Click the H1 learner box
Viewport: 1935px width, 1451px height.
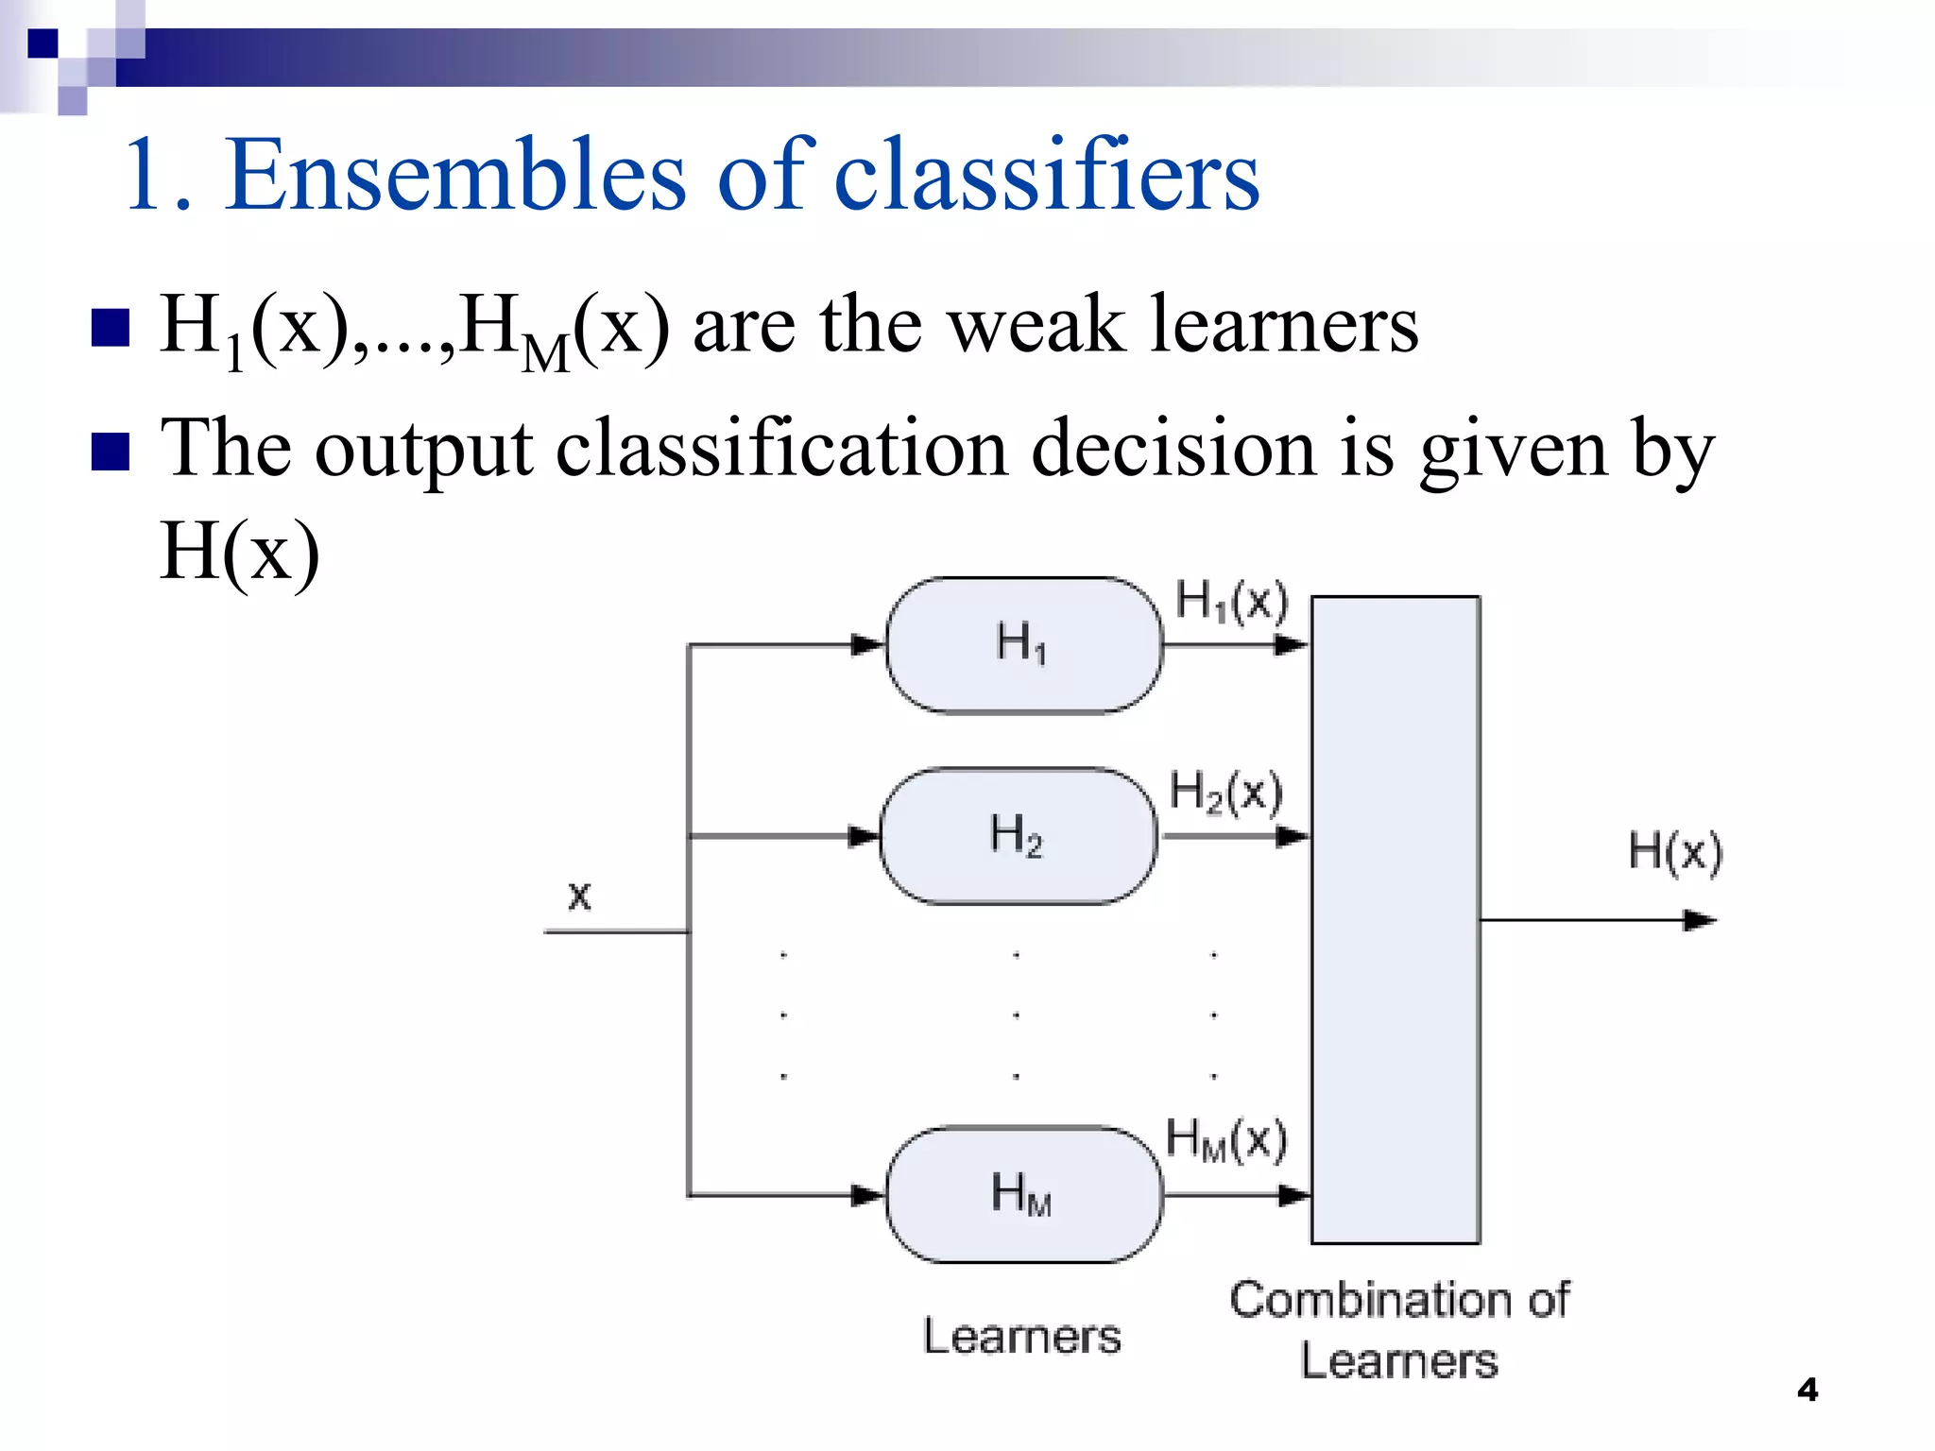(1023, 645)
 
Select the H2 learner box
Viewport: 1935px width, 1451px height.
(1018, 836)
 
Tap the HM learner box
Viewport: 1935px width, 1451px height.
(1023, 1194)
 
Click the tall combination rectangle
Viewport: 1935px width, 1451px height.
(1396, 919)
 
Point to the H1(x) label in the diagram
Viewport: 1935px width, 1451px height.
(1231, 601)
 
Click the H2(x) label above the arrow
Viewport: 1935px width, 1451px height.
(1226, 792)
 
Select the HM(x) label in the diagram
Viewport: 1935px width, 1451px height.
(1226, 1139)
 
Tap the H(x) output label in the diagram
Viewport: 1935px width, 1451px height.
(1675, 851)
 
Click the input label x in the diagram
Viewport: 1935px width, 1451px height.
(579, 895)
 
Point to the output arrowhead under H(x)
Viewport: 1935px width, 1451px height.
(1701, 920)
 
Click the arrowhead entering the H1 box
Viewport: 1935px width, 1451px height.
(866, 645)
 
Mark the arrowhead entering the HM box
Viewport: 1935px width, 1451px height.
(866, 1195)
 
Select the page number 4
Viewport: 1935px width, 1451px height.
(1807, 1390)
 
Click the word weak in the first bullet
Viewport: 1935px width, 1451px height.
(1036, 324)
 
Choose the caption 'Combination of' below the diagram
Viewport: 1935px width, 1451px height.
(1399, 1300)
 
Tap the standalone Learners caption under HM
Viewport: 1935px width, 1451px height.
(1022, 1337)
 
